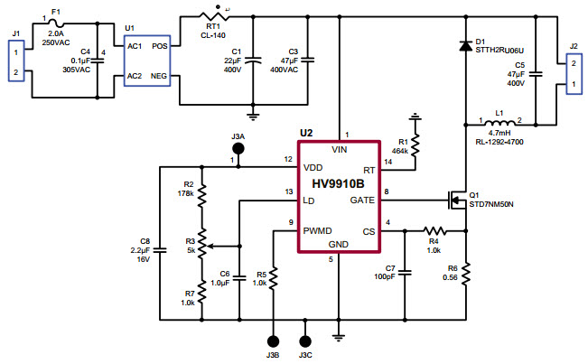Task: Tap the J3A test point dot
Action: tap(238, 147)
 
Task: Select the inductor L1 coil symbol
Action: tap(498, 123)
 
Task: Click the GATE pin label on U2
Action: tap(362, 200)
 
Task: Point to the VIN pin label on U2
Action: tap(340, 150)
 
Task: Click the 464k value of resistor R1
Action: tap(402, 149)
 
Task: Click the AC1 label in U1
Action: tap(134, 44)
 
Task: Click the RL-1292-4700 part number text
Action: tap(498, 142)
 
